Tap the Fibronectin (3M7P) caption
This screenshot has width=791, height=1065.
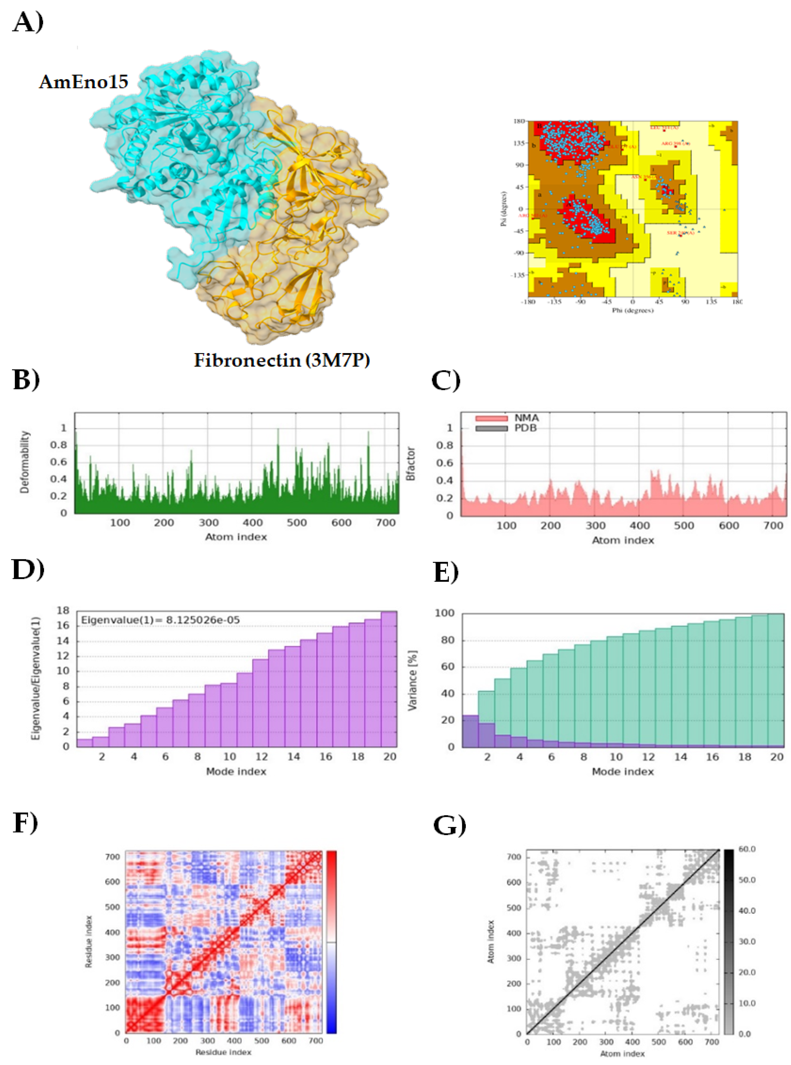[281, 360]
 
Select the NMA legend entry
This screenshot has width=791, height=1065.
[526, 418]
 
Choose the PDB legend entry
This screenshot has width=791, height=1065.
[525, 428]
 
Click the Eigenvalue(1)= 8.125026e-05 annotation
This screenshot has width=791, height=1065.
[160, 620]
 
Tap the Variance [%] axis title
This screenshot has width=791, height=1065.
[412, 680]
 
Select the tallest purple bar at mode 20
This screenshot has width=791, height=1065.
[389, 679]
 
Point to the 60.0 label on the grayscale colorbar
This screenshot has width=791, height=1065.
[747, 849]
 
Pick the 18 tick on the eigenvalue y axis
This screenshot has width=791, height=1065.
[63, 610]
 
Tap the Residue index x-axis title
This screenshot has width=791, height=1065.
[223, 1052]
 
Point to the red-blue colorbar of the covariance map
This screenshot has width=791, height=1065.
[331, 941]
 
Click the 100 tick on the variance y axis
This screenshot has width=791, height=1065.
[444, 613]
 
